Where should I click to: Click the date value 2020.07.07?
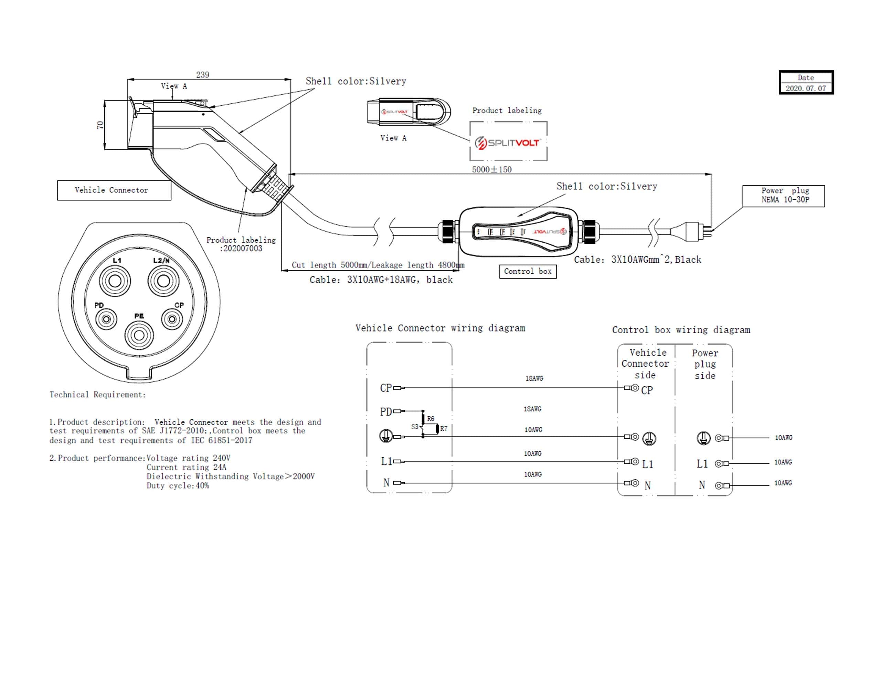click(806, 88)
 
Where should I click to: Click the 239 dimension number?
click(202, 75)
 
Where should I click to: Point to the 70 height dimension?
click(100, 125)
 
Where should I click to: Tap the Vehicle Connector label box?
click(114, 190)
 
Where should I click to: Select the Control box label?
click(528, 271)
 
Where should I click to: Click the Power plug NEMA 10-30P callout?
click(783, 196)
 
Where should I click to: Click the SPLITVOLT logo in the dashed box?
click(508, 143)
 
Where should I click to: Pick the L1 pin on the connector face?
click(115, 281)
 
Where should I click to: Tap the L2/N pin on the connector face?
click(163, 281)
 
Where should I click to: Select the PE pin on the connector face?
click(139, 335)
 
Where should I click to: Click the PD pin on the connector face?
click(106, 319)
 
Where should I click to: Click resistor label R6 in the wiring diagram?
click(431, 419)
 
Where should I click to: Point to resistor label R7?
click(444, 429)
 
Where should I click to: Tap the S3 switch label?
click(415, 427)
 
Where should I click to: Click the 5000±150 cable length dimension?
click(492, 169)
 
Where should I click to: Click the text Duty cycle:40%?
click(178, 486)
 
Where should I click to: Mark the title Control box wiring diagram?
click(681, 330)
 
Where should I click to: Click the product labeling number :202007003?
click(241, 249)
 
